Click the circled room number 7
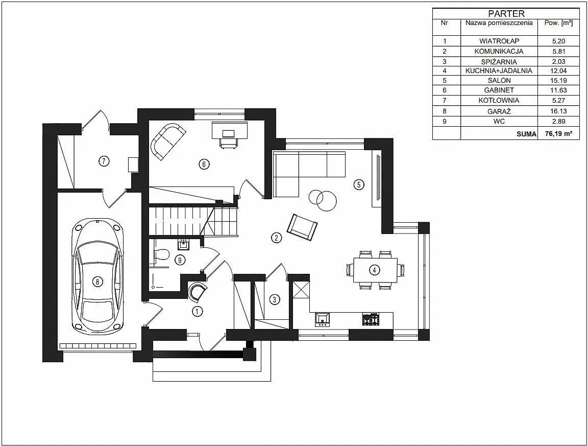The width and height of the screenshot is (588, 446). click(x=104, y=161)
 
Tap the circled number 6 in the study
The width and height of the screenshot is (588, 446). click(x=204, y=164)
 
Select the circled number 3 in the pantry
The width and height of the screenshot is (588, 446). click(x=275, y=299)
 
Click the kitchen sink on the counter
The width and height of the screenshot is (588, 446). click(x=323, y=319)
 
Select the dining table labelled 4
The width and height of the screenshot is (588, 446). click(x=375, y=270)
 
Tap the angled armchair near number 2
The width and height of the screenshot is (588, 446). click(x=302, y=227)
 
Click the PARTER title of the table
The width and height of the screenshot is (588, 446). click(x=506, y=14)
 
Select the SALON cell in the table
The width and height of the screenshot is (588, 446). click(x=499, y=80)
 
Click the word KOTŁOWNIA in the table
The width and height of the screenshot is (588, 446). click(x=499, y=100)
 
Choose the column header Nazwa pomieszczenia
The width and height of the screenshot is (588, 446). click(x=499, y=23)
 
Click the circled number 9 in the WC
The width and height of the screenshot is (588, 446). click(x=180, y=260)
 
